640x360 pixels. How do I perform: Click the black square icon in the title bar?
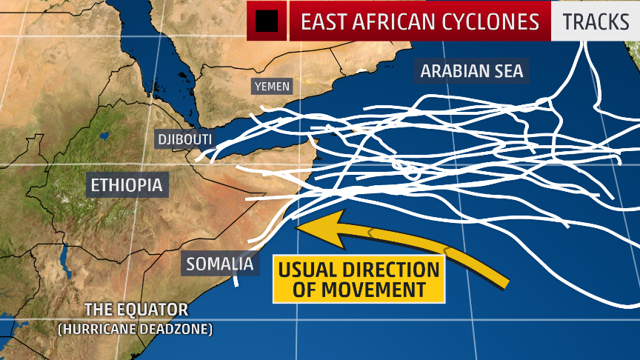(267, 21)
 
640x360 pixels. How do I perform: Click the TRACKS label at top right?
(595, 21)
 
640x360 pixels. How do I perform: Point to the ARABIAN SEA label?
(472, 71)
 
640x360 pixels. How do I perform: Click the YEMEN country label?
(272, 87)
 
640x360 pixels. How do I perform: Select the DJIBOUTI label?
(184, 139)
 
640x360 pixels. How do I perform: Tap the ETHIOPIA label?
(126, 184)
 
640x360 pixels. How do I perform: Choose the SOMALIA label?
(220, 264)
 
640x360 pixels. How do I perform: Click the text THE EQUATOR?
(136, 310)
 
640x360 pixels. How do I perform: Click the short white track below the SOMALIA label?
(236, 280)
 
